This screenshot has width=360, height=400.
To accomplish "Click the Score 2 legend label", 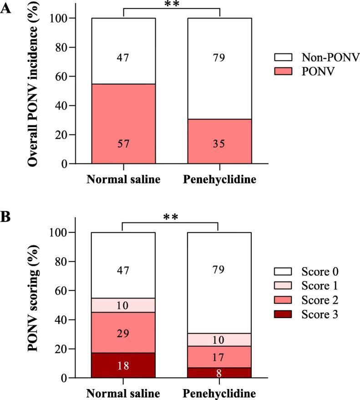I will point(319,300).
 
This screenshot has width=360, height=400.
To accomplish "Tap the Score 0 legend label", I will point(319,271).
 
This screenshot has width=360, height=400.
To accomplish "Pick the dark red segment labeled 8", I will point(220,373).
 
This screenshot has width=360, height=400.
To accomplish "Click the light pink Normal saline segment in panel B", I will point(123,305).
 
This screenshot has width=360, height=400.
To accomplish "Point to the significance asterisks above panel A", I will point(172,4).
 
